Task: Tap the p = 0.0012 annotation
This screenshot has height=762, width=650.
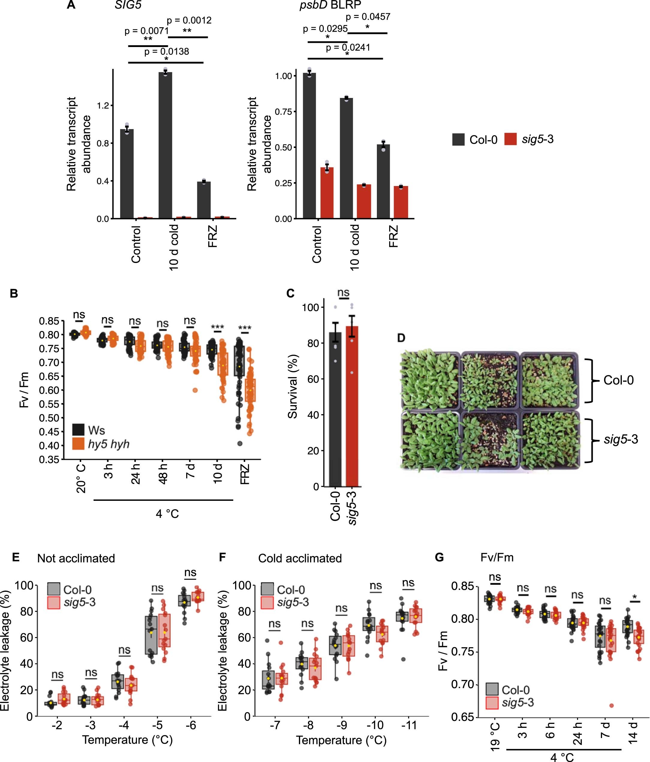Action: click(x=189, y=20)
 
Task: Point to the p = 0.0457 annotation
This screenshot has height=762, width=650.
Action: click(x=368, y=16)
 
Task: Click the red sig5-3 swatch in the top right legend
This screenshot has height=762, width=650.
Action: click(x=511, y=139)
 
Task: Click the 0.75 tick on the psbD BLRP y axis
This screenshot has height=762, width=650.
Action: click(x=283, y=112)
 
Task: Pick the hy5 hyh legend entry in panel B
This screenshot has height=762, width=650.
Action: click(x=109, y=444)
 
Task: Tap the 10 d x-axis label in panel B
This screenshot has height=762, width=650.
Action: click(x=218, y=474)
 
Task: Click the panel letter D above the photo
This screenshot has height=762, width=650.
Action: click(x=401, y=338)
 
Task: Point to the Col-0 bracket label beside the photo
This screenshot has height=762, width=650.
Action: click(x=618, y=380)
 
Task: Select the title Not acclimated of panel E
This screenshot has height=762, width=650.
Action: click(x=76, y=558)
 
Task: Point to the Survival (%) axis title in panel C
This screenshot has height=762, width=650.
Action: click(x=293, y=386)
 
